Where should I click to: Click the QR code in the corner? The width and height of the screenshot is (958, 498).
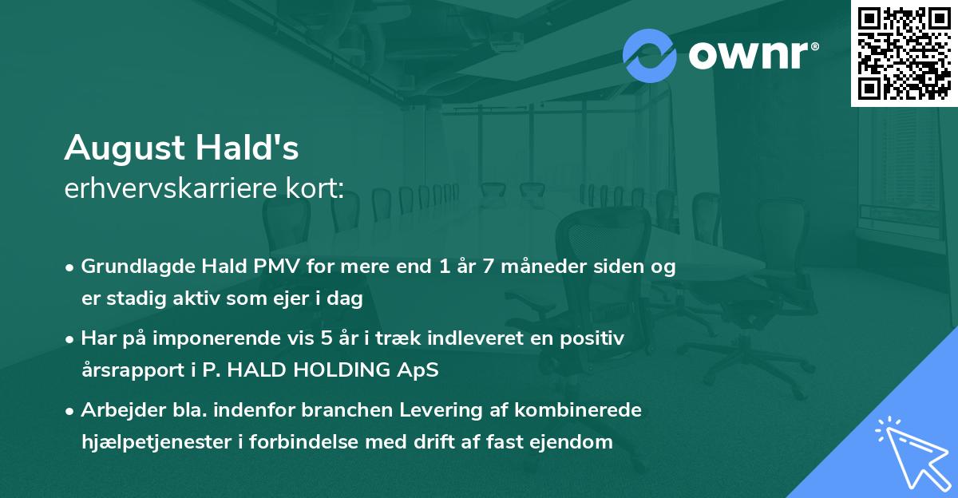(x=904, y=53)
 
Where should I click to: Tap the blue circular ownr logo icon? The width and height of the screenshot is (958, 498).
(x=650, y=55)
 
